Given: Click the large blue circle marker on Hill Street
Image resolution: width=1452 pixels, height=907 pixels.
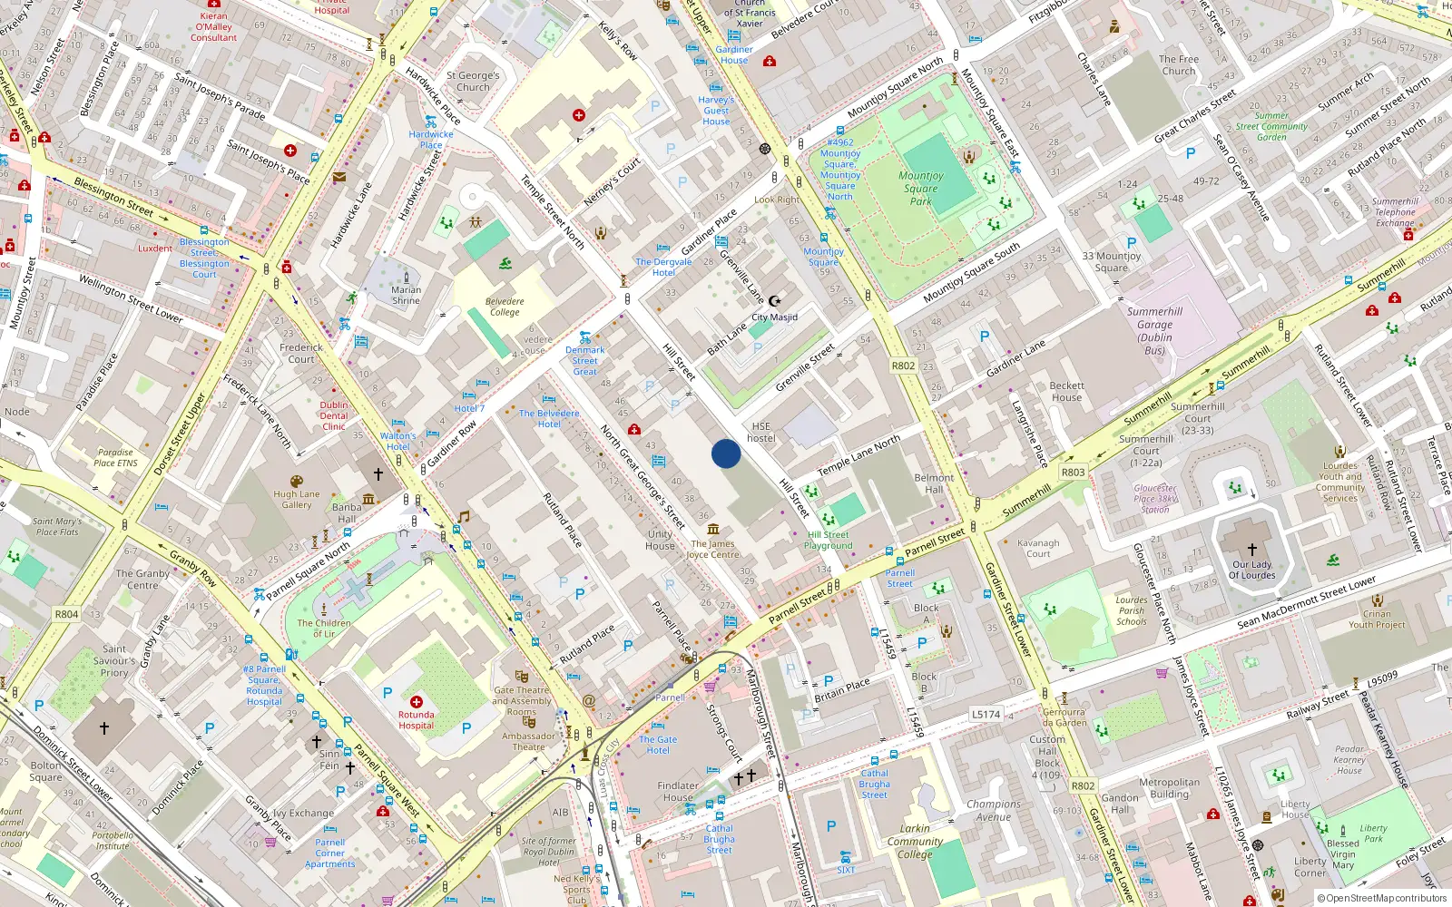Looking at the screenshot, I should (x=726, y=453).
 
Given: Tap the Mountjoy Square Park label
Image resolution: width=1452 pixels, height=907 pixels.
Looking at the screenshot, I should (x=921, y=189).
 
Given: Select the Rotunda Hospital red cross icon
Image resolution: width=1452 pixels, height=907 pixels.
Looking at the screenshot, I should (x=417, y=702).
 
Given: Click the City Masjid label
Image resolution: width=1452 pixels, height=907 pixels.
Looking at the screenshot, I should (x=774, y=317).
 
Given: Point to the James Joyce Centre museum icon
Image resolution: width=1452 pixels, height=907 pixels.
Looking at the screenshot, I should (x=713, y=530).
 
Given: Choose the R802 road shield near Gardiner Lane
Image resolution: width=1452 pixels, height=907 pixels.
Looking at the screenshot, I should (x=903, y=366).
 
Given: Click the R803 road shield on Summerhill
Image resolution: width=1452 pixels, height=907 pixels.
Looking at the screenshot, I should (x=1073, y=472).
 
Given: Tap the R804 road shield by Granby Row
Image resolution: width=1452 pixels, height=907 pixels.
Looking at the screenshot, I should (x=66, y=614).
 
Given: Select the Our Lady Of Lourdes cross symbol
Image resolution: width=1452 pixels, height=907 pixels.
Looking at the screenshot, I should (x=1252, y=550).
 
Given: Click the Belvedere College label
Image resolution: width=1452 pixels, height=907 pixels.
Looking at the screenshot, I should (x=505, y=307).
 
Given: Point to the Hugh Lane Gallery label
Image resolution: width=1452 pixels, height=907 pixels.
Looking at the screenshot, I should (x=297, y=500).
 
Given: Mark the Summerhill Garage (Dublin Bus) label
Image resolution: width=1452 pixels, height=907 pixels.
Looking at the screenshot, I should (x=1154, y=331).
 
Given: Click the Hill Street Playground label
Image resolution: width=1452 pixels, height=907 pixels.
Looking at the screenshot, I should (x=828, y=541).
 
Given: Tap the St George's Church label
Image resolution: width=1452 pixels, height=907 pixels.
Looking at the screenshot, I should (x=473, y=82).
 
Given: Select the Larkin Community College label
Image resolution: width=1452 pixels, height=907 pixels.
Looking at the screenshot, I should (x=915, y=841).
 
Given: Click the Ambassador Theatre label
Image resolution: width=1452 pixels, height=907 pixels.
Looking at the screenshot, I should (x=528, y=742).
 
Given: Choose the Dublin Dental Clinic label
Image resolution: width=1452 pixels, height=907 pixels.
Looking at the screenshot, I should (x=334, y=415).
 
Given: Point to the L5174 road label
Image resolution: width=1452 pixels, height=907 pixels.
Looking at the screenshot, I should (x=986, y=715).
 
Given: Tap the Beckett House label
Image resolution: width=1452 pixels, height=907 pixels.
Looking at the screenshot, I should (x=1067, y=392).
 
